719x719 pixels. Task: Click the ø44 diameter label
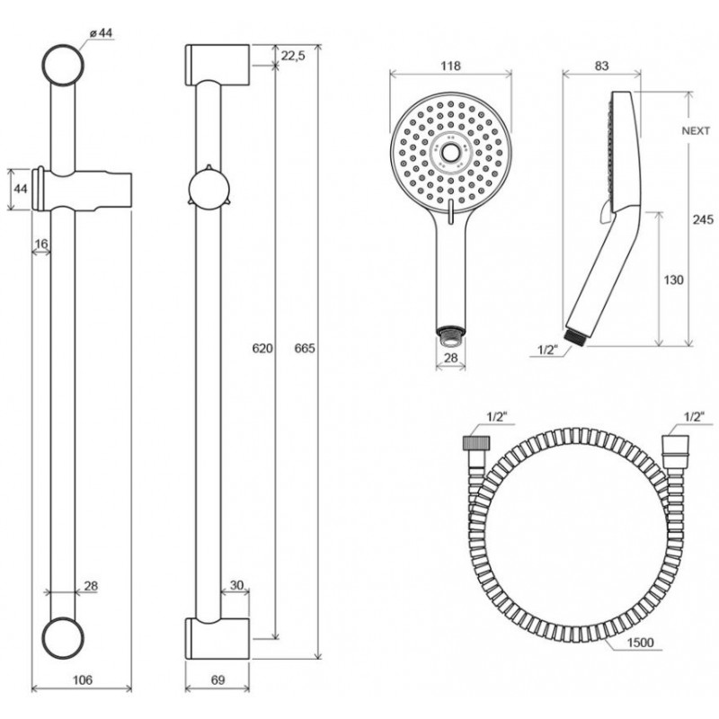point(102,33)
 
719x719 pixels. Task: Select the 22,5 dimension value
point(294,56)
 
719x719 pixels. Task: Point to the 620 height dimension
point(262,348)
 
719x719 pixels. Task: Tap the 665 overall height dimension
point(305,348)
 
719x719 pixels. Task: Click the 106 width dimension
point(82,679)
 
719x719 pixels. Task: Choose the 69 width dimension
point(218,679)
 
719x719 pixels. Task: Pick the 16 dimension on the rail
point(41,244)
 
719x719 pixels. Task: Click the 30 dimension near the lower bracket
point(236,585)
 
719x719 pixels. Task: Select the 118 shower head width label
point(450,66)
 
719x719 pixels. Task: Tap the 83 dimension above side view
point(601,66)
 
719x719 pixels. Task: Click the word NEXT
point(696,130)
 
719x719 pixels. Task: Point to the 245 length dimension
point(703,219)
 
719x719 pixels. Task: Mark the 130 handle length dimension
point(673,280)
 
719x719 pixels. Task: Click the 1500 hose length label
point(640,643)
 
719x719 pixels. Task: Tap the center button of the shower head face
point(450,152)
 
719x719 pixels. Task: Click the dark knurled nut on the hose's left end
point(476,442)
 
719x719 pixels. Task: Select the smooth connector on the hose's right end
point(676,446)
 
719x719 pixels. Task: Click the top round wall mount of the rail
point(63,65)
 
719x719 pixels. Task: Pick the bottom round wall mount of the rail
point(63,638)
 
